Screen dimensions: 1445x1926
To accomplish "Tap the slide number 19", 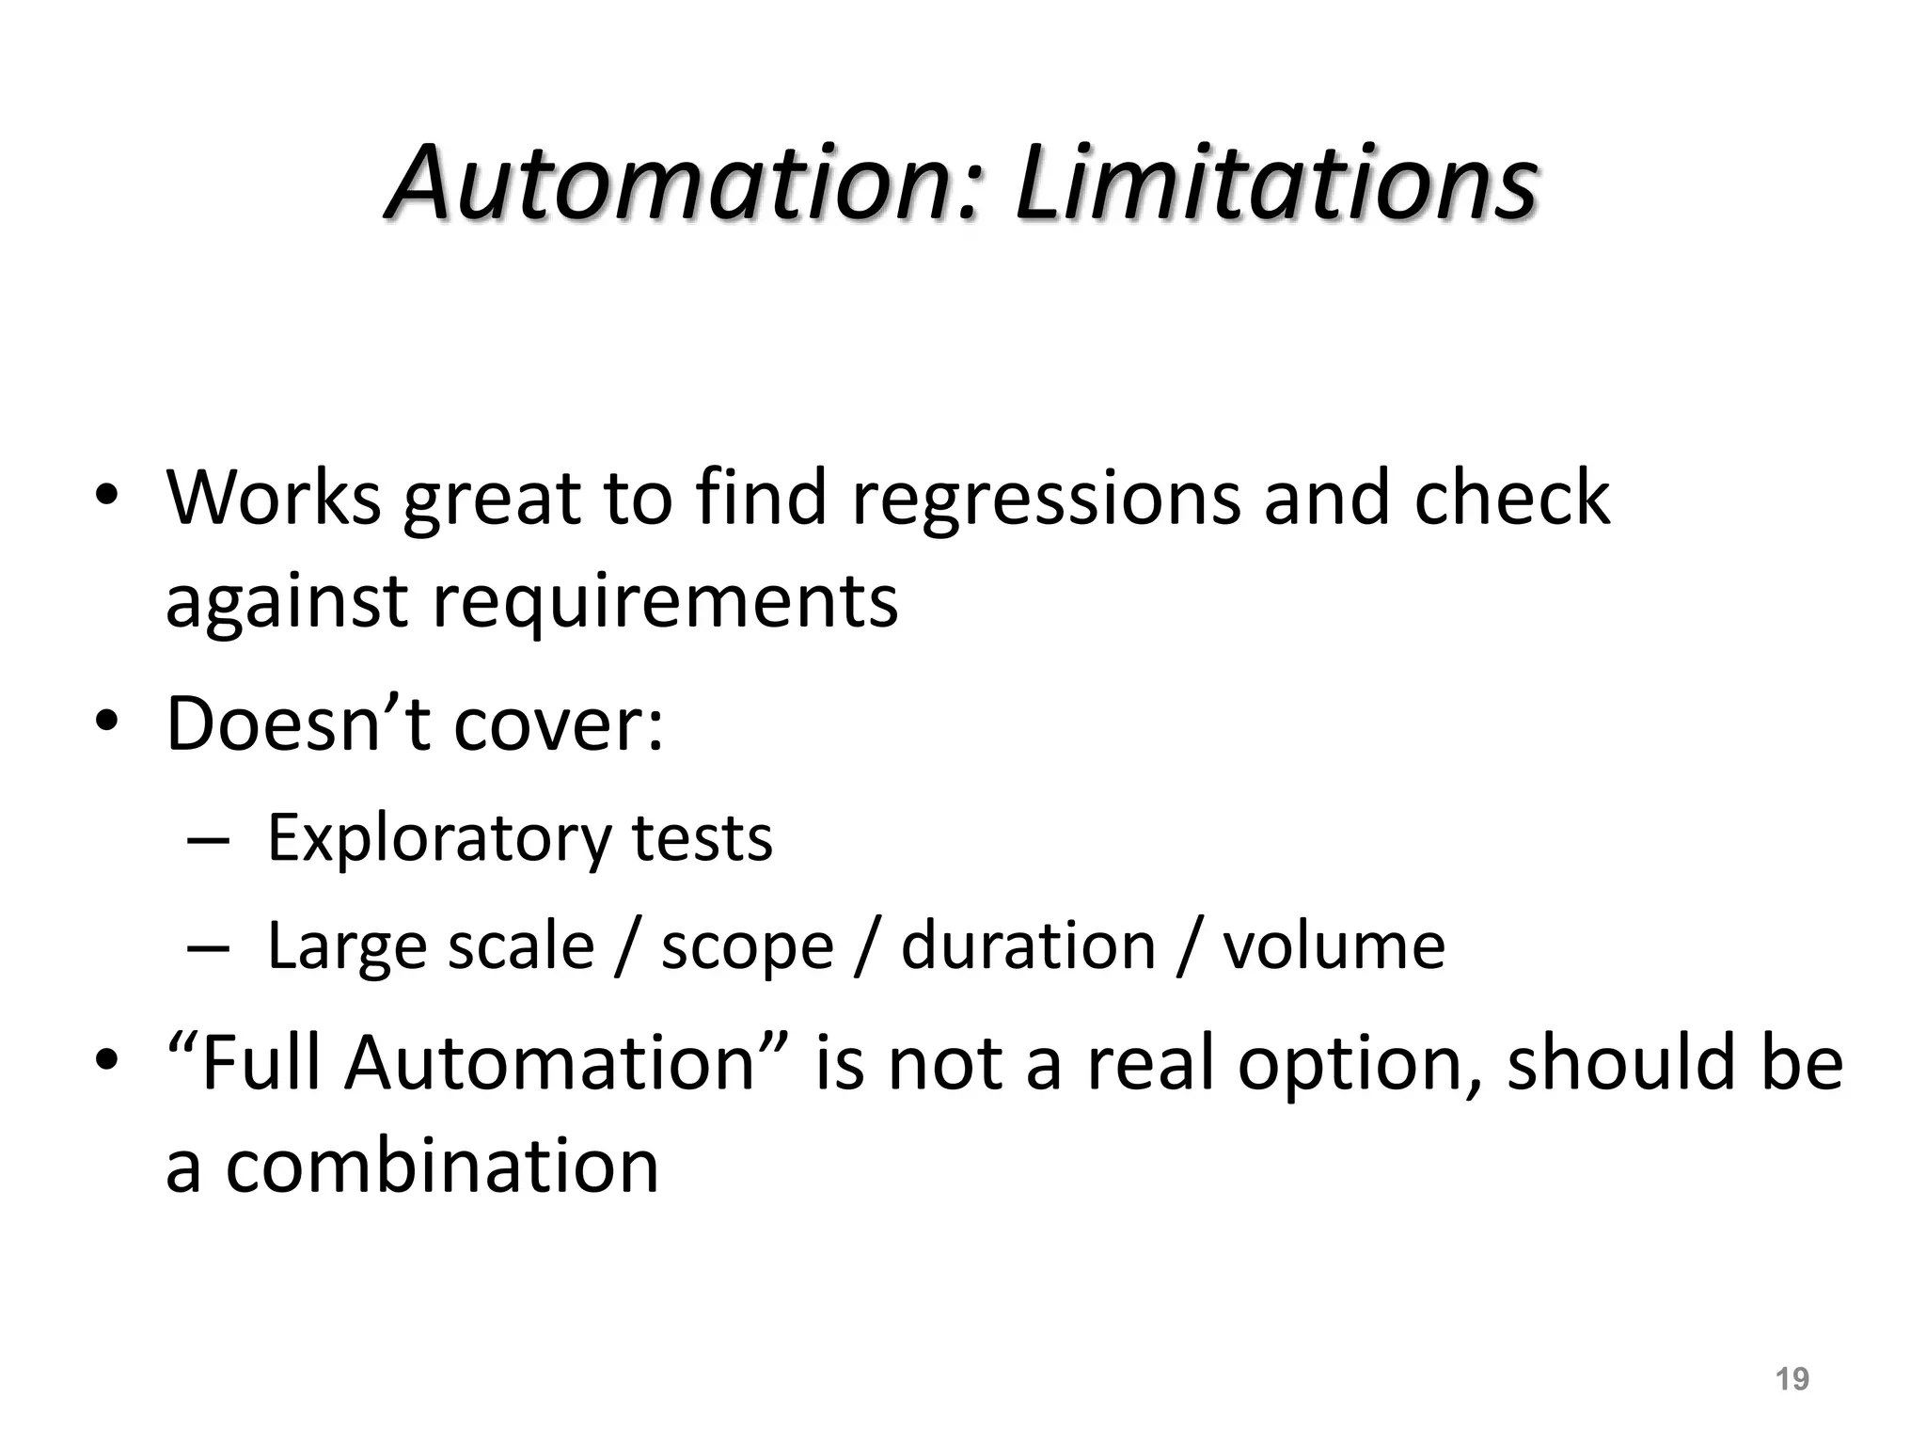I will click(x=1792, y=1379).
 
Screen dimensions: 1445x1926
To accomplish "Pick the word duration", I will click(x=1028, y=945).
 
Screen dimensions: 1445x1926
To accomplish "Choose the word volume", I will click(x=1334, y=945).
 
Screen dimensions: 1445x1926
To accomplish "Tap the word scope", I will click(x=748, y=946).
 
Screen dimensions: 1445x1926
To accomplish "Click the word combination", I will click(x=442, y=1166).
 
